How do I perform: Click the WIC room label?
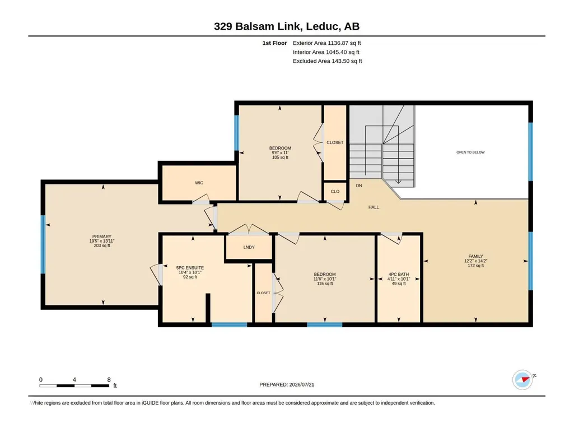(199, 183)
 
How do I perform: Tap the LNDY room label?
(249, 247)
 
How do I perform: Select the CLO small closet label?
(335, 191)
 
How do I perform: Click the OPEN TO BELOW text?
(470, 152)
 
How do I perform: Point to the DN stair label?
(359, 186)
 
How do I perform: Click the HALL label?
(374, 207)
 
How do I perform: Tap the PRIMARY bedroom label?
(102, 237)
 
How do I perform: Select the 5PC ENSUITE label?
(190, 268)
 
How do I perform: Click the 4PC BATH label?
(399, 274)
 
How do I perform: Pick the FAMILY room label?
(475, 256)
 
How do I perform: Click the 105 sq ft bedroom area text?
(280, 157)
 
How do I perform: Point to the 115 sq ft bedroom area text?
(325, 283)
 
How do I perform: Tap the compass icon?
(522, 379)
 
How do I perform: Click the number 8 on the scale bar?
(109, 379)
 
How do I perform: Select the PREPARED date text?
(287, 384)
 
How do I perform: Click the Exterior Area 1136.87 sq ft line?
(327, 43)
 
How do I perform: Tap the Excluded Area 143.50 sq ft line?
(327, 61)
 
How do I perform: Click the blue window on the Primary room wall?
(43, 244)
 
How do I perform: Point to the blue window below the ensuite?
(229, 325)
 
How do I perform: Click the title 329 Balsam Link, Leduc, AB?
(287, 26)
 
